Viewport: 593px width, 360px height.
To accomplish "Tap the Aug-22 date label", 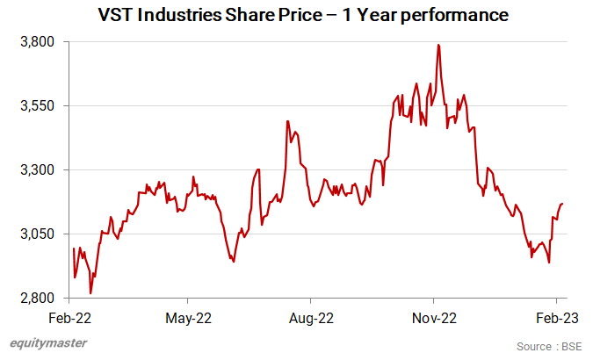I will (312, 318).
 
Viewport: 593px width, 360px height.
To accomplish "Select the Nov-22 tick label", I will (434, 318).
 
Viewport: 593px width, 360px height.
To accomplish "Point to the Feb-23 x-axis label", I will (556, 318).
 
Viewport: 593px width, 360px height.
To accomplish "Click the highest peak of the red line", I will (438, 45).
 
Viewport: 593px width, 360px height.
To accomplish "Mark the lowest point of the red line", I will (90, 293).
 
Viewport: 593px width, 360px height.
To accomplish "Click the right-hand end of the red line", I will (562, 204).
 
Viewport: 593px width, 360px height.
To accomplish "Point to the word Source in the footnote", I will (534, 346).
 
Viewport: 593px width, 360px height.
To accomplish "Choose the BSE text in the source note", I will (572, 346).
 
